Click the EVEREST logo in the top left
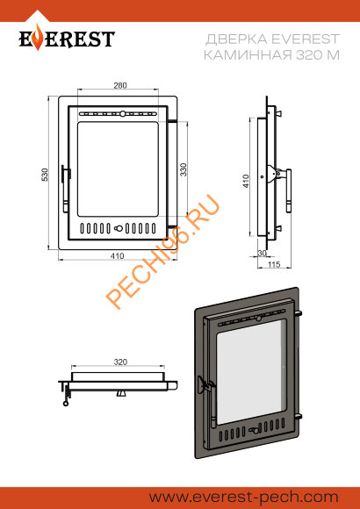click(67, 38)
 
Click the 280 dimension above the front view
click(120, 86)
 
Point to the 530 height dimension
click(45, 175)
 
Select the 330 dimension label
click(184, 169)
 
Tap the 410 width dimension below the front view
click(117, 256)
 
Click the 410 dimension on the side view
click(246, 181)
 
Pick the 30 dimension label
click(262, 253)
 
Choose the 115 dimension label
click(274, 264)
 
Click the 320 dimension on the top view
click(120, 362)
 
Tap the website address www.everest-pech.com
click(244, 498)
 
